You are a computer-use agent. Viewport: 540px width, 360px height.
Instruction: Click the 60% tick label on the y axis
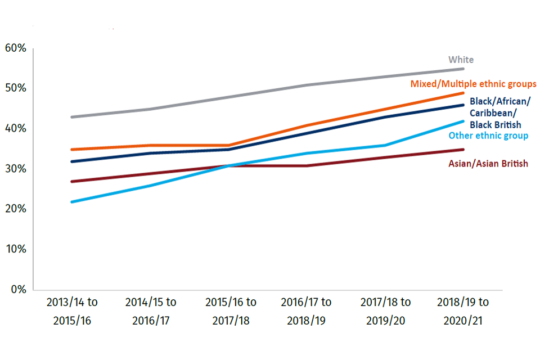15,48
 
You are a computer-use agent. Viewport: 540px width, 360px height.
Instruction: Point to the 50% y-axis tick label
15,89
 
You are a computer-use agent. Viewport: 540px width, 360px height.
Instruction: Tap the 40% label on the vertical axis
15,129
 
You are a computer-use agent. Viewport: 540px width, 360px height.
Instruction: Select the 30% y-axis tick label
15,169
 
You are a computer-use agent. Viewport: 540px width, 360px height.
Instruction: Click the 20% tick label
15,209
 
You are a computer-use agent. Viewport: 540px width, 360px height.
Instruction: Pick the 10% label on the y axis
15,249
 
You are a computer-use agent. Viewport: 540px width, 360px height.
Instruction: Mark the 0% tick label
18,290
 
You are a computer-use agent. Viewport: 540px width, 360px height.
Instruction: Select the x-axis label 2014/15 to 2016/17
150,311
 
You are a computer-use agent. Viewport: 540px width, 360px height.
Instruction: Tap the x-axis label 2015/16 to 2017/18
230,311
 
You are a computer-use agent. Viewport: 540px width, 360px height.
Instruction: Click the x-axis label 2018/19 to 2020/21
463,311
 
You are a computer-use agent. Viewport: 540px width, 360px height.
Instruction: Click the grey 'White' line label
461,60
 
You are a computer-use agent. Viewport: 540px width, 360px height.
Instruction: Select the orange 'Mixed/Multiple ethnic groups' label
473,84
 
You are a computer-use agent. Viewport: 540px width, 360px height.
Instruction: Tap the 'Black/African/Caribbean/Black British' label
499,113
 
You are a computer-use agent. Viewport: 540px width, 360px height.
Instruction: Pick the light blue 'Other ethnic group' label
488,136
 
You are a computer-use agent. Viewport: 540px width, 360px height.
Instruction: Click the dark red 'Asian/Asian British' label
488,164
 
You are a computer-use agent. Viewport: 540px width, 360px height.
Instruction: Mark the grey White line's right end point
463,69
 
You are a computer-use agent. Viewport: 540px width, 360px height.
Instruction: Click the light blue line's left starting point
72,201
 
